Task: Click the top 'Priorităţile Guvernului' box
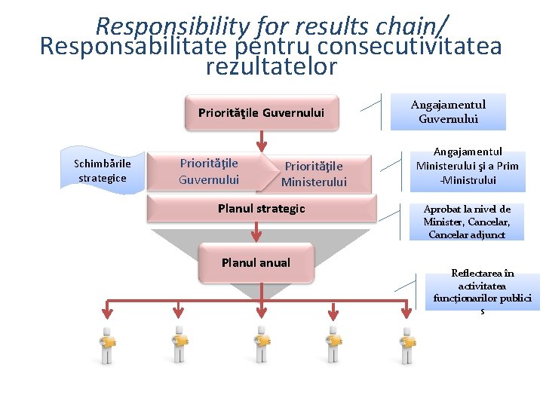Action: coord(261,112)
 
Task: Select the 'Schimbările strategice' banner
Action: coord(103,171)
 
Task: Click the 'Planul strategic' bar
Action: coord(261,208)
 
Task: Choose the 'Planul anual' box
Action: coord(256,263)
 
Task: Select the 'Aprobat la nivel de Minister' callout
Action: coord(467,222)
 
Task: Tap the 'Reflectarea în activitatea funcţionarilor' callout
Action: coord(483,291)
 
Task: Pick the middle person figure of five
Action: coord(260,344)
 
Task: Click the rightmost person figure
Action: coord(407,344)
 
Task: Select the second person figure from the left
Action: coord(179,344)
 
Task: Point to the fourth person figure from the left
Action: coord(332,344)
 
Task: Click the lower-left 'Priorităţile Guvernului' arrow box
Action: coord(209,171)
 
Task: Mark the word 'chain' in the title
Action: coord(409,27)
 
